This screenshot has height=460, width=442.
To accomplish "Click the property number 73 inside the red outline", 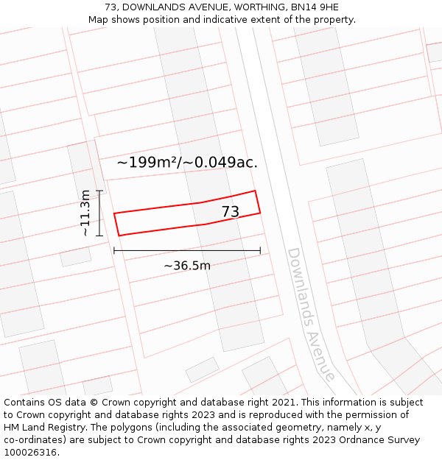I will [231, 212].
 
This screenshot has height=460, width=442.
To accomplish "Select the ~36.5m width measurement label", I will [187, 266].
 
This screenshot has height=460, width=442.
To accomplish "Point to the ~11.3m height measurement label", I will [85, 213].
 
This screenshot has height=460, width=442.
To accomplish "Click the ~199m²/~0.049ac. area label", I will [187, 163].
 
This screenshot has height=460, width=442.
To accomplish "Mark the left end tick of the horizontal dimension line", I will [114, 251].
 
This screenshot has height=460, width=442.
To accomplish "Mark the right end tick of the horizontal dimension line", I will [260, 251].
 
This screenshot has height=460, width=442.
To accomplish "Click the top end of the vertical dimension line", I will [99, 191].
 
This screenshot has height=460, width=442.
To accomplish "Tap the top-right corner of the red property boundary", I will [255, 191].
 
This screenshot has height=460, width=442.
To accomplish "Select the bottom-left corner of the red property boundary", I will [119, 236].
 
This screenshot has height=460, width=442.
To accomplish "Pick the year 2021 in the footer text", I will [283, 403].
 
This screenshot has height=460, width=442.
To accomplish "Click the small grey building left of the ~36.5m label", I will [75, 257].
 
